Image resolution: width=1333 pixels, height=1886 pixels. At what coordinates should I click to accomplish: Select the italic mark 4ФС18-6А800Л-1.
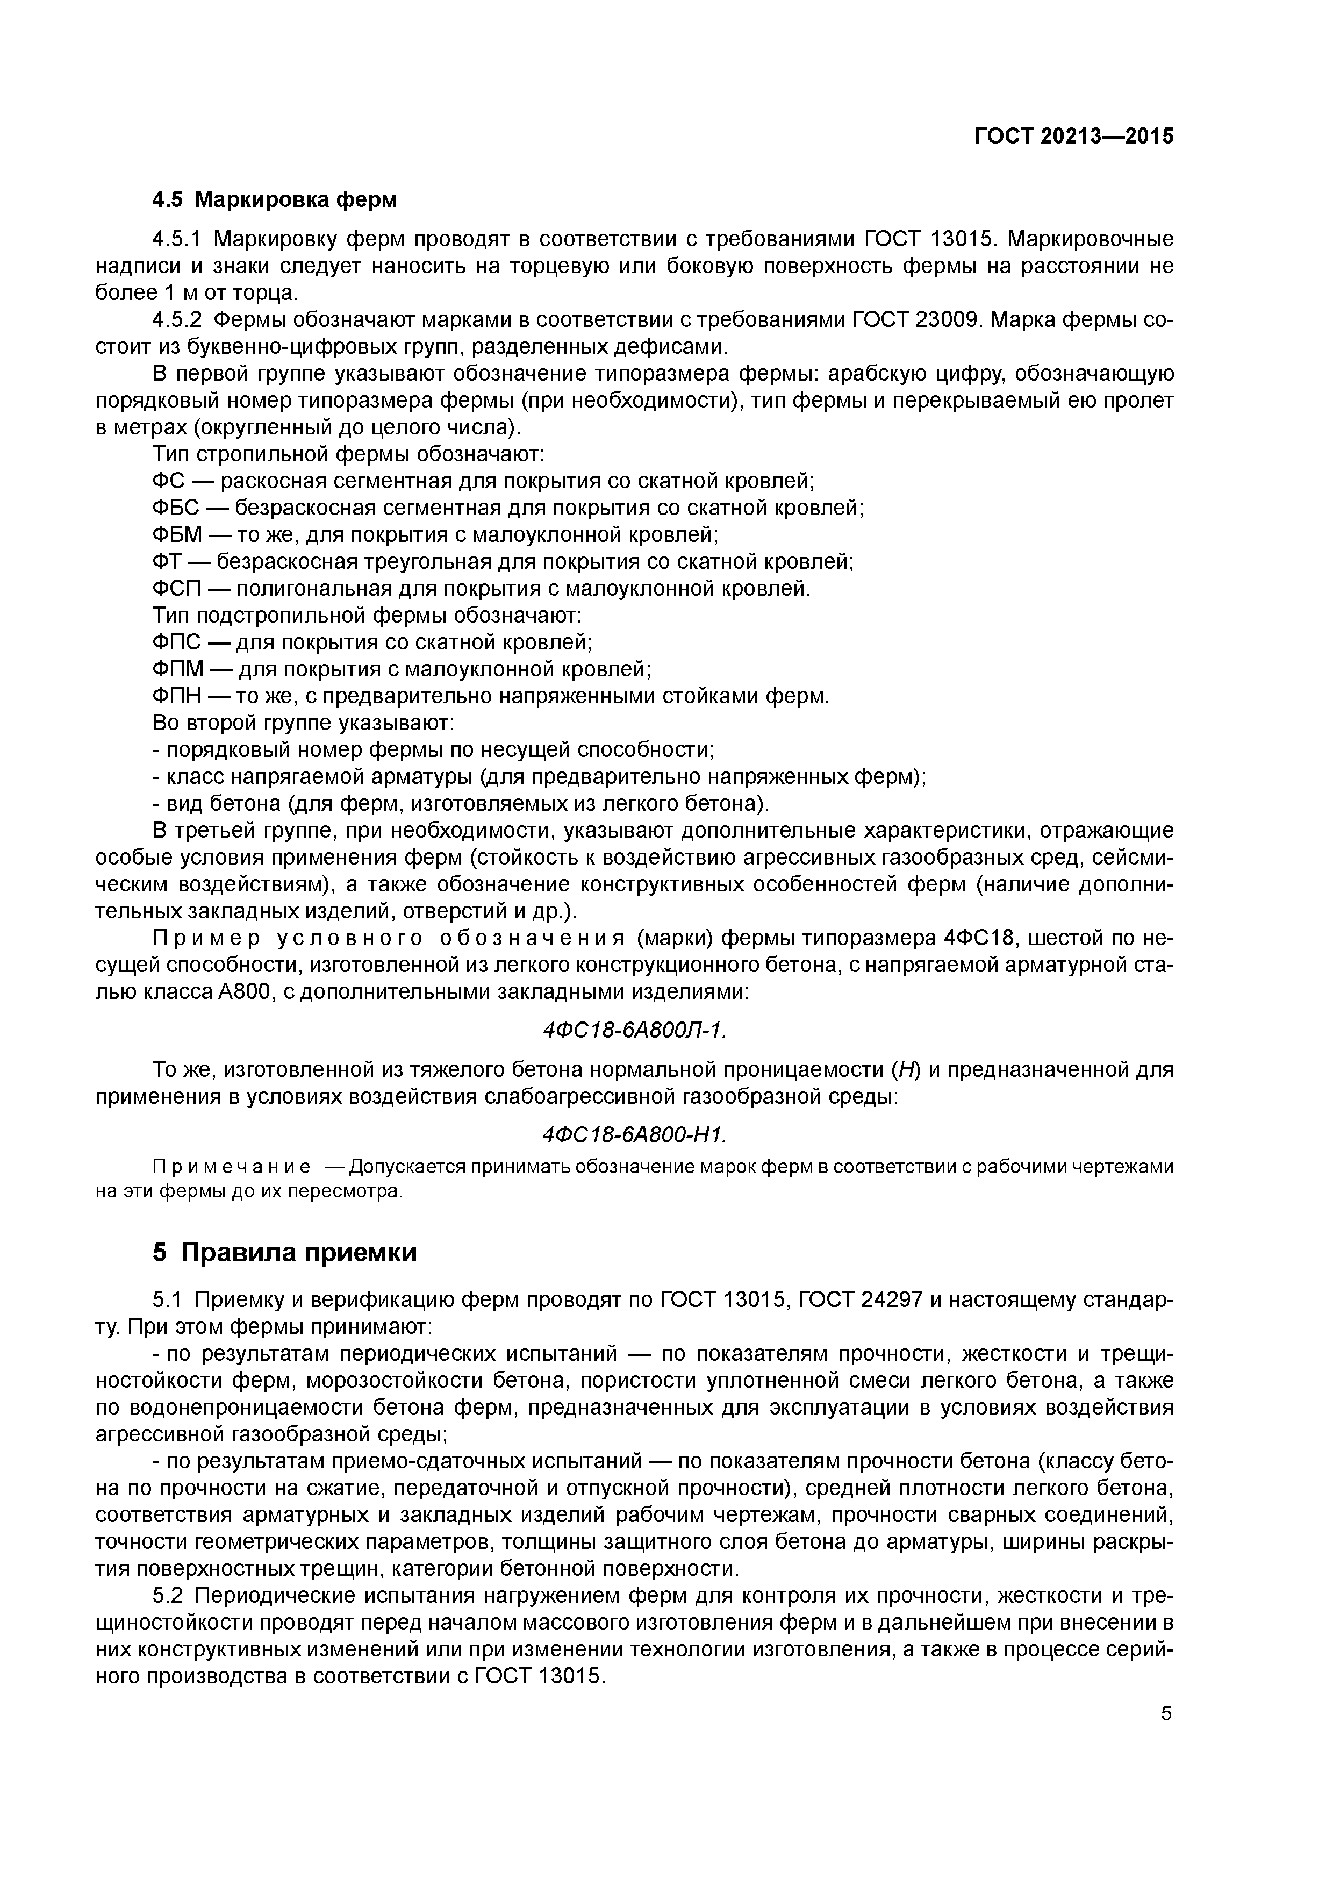pyautogui.click(x=635, y=1030)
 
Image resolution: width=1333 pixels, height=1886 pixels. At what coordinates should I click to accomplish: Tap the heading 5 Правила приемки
pyautogui.click(x=285, y=1252)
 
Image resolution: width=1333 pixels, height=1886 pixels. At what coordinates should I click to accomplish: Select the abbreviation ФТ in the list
pyautogui.click(x=167, y=562)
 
